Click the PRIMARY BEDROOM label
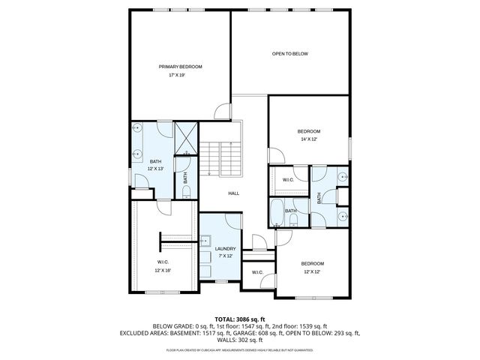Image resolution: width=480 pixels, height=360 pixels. tap(180, 67)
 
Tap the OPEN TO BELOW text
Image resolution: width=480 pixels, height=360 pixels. tap(289, 54)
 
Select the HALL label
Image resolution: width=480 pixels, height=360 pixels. tap(233, 193)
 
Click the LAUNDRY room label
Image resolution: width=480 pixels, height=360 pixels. tap(225, 249)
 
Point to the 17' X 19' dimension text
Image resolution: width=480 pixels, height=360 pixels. tap(177, 75)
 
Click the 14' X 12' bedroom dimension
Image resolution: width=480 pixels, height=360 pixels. tap(309, 139)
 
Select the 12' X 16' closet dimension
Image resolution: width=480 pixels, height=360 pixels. tap(163, 270)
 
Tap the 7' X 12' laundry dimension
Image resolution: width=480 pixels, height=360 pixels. tap(225, 256)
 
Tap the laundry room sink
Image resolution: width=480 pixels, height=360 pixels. tap(204, 242)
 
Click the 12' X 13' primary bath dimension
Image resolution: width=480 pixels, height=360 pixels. tap(155, 169)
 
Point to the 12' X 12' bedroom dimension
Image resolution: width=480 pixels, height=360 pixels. tap(312, 272)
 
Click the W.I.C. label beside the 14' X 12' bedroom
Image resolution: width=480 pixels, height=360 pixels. tap(288, 180)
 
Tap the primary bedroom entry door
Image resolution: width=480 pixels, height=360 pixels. tap(223, 112)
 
